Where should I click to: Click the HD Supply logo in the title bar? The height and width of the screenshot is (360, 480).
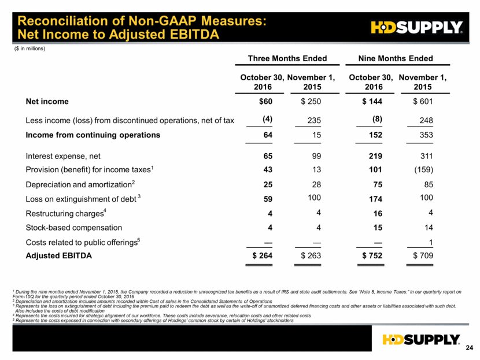[416, 27]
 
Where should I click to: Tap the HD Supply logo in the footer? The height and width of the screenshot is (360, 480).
[421, 340]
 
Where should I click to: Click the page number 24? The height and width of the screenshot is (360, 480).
[469, 348]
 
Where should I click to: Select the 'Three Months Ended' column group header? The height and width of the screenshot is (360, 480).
[287, 58]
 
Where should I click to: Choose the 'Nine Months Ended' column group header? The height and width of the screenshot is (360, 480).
[396, 58]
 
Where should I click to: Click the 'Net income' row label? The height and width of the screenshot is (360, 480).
[47, 102]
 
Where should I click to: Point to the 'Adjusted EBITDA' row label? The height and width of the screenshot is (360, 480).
[59, 256]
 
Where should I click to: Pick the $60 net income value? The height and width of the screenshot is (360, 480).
[265, 102]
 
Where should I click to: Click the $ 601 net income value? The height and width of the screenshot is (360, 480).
[423, 102]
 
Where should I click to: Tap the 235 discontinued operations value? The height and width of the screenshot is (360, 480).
[314, 121]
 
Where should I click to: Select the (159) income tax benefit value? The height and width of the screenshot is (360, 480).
[424, 170]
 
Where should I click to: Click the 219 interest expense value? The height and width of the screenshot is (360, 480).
[375, 156]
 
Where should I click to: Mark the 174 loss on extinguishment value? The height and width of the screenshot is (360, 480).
[375, 199]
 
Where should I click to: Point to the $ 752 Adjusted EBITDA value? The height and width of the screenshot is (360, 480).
[372, 256]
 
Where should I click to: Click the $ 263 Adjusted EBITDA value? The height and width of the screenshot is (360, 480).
[311, 256]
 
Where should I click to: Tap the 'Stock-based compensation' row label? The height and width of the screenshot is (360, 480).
[74, 228]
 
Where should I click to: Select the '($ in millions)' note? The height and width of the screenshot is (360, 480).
[29, 49]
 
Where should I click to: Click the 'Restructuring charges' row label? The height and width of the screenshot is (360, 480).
[66, 213]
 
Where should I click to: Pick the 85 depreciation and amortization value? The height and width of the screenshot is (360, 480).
[429, 185]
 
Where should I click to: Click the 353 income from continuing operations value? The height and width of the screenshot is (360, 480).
[426, 135]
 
